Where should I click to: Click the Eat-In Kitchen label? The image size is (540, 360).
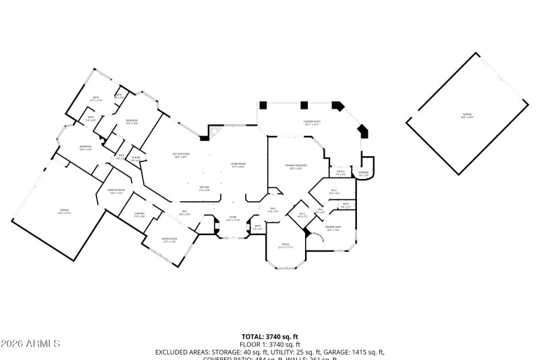tap(182, 155)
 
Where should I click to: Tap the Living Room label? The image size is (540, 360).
tap(237, 165)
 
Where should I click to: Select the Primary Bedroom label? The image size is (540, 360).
tap(298, 167)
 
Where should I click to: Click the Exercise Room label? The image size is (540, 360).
tap(116, 191)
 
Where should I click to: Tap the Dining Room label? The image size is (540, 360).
tap(169, 240)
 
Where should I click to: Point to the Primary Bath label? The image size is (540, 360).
tap(333, 229)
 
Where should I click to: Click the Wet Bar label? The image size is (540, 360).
tap(204, 188)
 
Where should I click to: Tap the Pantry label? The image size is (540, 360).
tap(136, 159)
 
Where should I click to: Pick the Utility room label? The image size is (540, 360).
tap(341, 173)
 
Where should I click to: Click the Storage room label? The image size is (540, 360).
tap(363, 174)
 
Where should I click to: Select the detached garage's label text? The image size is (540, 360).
tap(467, 116)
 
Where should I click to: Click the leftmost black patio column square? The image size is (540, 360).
tap(263, 105)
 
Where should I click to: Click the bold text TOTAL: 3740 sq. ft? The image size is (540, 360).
tap(270, 336)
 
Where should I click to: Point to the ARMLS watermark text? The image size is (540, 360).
tap(30, 344)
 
